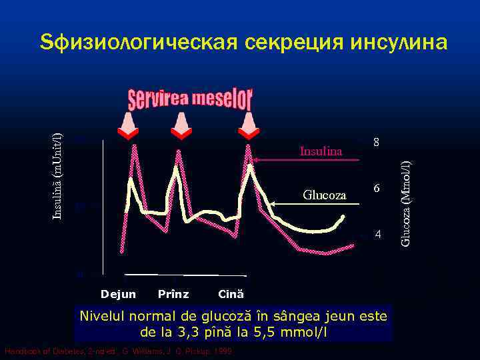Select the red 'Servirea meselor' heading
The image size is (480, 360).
190,100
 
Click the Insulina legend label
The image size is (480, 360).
321,152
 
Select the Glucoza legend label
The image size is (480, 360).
325,195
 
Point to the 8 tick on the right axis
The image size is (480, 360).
377,143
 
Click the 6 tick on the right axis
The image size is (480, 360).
377,189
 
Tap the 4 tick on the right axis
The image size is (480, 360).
377,235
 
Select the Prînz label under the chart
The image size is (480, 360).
173,294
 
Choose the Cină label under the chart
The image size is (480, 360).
231,294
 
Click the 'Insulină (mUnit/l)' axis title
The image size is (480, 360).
58,167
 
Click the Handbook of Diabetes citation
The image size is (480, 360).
117,351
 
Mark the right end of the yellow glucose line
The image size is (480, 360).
343,217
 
